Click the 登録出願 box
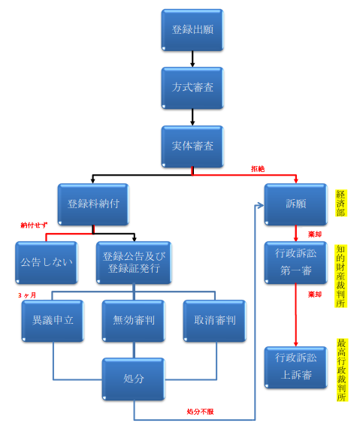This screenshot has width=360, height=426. tap(192, 30)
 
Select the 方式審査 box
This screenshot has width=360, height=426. tap(192, 88)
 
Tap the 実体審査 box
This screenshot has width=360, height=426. tap(192, 147)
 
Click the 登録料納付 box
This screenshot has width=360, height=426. tap(93, 204)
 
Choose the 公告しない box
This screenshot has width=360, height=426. tap(47, 263)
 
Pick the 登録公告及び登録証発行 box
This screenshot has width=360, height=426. tap(134, 263)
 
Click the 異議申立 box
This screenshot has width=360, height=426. tap(53, 321)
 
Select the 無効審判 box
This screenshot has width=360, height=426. tap(134, 321)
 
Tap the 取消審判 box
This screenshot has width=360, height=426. tap(215, 321)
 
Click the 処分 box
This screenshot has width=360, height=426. tap(134, 379)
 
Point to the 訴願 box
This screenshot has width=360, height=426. tap(296, 204)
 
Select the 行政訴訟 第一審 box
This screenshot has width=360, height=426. tap(296, 263)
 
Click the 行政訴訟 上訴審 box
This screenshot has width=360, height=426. tap(296, 367)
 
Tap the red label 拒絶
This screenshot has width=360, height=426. tap(258, 169)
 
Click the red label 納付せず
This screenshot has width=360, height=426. tap(34, 225)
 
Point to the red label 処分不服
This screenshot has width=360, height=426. tap(200, 412)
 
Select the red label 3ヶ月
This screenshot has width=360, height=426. tap(27, 295)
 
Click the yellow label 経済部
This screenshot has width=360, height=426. tap(341, 203)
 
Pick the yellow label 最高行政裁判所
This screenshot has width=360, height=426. tap(341, 370)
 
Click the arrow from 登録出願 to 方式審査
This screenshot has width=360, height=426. tap(192, 59)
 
